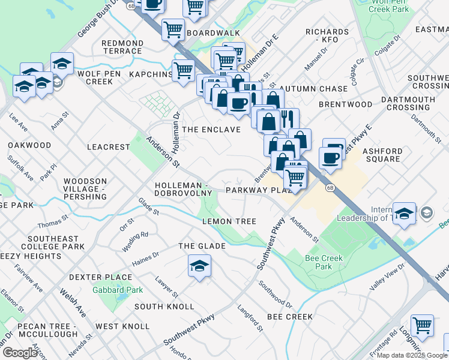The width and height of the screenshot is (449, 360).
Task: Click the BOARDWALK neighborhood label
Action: [x=213, y=33]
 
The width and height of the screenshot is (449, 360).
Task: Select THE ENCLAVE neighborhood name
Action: [x=211, y=130]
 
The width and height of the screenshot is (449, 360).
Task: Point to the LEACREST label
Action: [x=108, y=146]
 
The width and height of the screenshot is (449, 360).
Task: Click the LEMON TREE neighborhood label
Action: [x=229, y=221]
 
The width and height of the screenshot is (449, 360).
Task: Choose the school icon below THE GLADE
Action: [x=200, y=265]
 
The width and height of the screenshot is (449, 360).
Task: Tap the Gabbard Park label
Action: [x=118, y=290]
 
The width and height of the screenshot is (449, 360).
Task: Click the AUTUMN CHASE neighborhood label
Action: [x=318, y=89]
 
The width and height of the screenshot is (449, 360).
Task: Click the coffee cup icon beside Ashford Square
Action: [x=330, y=157]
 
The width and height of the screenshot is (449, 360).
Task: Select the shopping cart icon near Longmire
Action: [x=422, y=325]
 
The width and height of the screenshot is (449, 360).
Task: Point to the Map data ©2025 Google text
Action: [x=412, y=355]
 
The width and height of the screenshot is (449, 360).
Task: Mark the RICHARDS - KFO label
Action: [x=327, y=35]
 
